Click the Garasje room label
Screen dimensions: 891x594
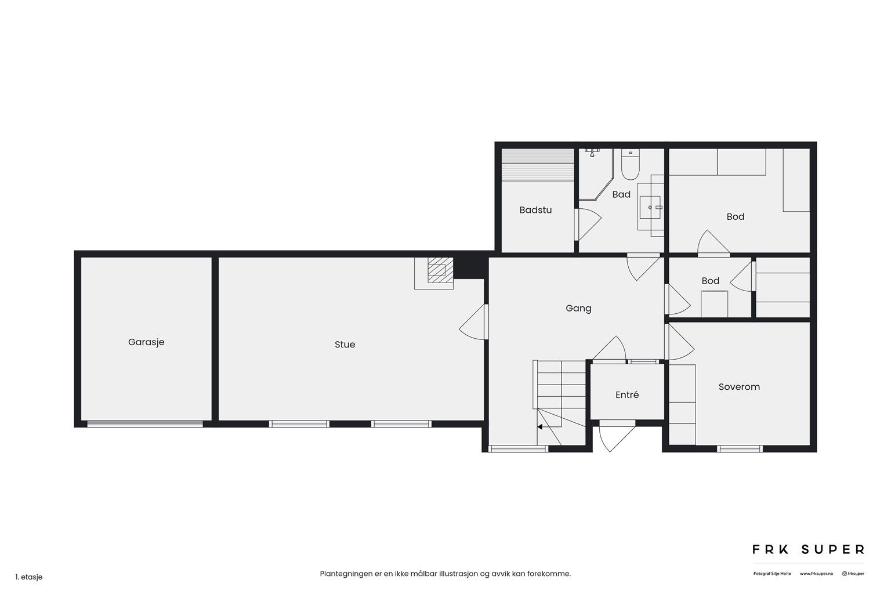pos(146,343)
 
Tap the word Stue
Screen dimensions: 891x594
pos(345,345)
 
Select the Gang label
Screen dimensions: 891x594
pos(578,309)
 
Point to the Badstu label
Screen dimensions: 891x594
pos(535,210)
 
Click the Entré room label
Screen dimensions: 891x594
pos(627,394)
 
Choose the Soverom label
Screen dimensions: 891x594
pos(739,387)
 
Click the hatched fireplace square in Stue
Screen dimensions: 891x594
pos(440,270)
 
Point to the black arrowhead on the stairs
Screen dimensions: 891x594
pos(539,427)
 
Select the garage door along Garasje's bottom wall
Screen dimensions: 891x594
pos(145,424)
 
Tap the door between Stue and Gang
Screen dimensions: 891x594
pos(474,323)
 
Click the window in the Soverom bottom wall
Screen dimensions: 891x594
pos(740,449)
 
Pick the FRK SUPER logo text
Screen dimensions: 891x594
pos(808,549)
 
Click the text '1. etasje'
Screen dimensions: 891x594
pos(29,577)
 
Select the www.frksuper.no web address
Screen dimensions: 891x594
pos(816,574)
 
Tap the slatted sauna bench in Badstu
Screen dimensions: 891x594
pos(537,165)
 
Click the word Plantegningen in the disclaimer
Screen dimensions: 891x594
pos(346,574)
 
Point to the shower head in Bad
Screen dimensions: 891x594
pos(592,153)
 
